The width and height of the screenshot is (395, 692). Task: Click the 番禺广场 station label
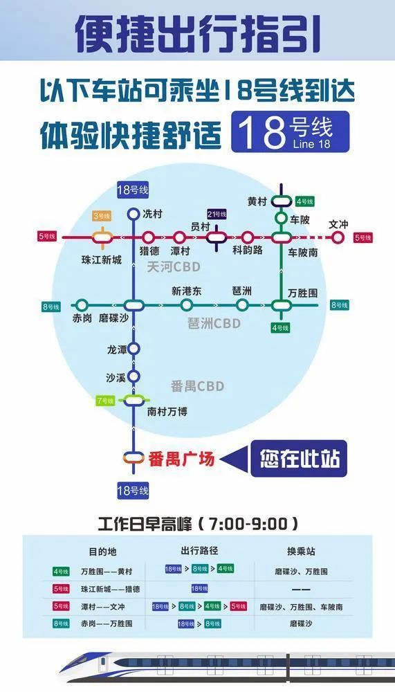tap(182, 458)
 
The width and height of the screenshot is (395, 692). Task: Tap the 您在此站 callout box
tap(300, 457)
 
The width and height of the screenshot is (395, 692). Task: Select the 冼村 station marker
tap(134, 215)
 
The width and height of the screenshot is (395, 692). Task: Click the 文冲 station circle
tap(338, 237)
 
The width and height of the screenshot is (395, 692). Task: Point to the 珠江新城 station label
tap(101, 259)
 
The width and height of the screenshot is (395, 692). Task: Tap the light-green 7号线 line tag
tap(105, 401)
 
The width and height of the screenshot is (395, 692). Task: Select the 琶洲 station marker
tap(242, 305)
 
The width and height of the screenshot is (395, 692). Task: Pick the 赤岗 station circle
tap(82, 305)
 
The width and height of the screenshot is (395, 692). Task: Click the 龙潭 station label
tap(117, 349)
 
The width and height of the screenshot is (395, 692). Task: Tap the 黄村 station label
tap(256, 201)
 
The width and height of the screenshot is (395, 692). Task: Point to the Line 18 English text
tap(312, 144)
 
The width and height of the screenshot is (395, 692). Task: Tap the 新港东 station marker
tap(186, 305)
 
